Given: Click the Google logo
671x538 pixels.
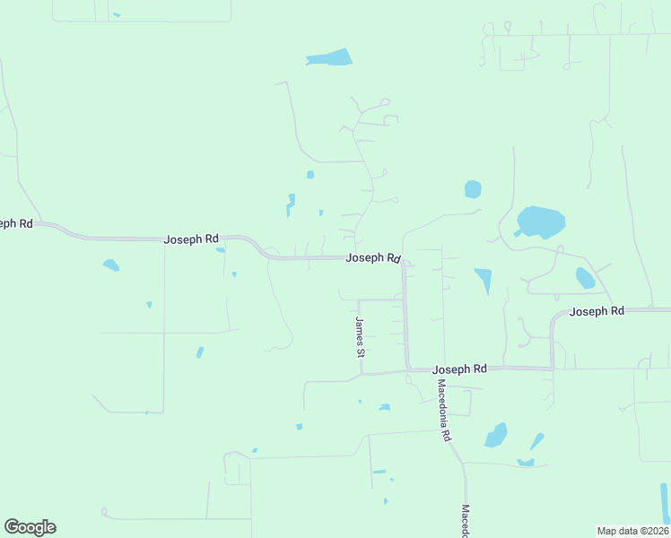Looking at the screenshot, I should click(x=30, y=527).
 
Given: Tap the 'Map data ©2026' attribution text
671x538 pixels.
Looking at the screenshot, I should click(x=632, y=531).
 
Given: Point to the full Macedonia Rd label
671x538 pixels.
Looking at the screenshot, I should click(x=443, y=410).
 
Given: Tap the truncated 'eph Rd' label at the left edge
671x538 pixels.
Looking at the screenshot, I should click(x=16, y=223).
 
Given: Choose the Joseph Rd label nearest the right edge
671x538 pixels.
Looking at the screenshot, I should click(x=597, y=311).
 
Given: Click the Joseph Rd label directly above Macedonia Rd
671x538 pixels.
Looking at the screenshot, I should click(x=459, y=369).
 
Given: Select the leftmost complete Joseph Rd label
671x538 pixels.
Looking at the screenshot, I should click(x=191, y=239).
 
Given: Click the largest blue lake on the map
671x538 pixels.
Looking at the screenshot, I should click(x=541, y=221).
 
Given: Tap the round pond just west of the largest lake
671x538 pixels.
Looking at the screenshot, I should click(x=473, y=189).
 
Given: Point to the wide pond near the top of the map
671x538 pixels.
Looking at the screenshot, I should click(x=329, y=58).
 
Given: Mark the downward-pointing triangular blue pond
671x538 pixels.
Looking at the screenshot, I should click(x=484, y=280).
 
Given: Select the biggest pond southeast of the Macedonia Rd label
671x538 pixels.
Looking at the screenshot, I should click(x=496, y=436).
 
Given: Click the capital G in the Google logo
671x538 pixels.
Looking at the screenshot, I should click(x=13, y=526).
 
